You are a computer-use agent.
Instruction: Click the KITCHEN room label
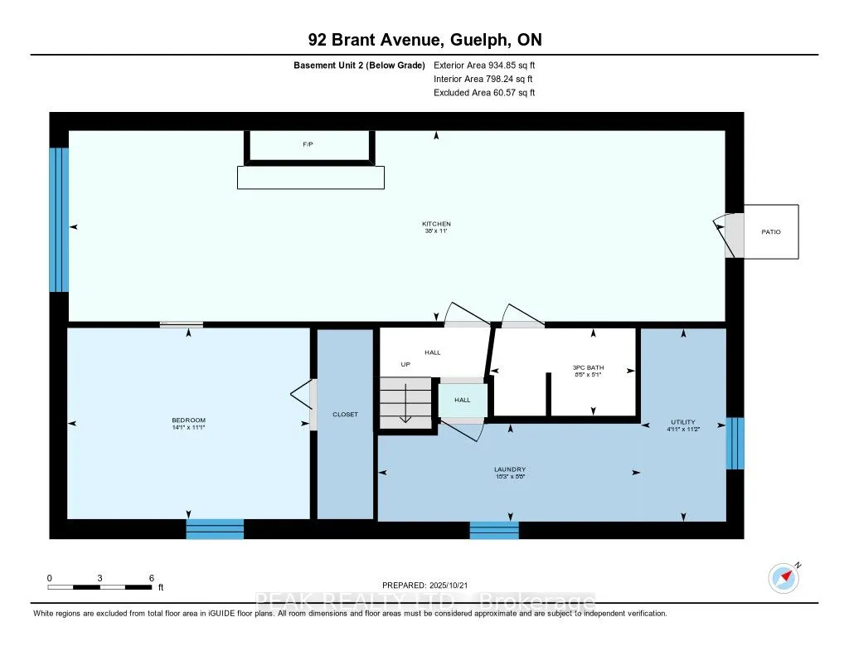click(x=436, y=224)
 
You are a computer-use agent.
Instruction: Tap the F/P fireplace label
click(x=308, y=144)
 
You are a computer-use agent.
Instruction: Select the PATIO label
click(x=772, y=232)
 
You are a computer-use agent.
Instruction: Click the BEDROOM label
click(x=189, y=420)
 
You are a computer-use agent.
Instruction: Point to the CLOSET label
click(x=345, y=414)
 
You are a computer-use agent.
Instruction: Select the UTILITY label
click(x=683, y=421)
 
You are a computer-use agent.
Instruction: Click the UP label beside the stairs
click(x=405, y=364)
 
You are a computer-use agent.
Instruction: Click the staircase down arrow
click(x=405, y=409)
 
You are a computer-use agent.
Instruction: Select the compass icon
click(x=783, y=577)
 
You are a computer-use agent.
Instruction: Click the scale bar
click(x=99, y=587)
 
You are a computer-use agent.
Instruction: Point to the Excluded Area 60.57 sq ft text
click(x=484, y=93)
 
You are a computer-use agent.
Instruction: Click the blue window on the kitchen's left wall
click(x=58, y=220)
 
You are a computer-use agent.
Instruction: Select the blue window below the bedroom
click(x=215, y=529)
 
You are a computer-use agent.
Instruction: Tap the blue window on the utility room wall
click(x=735, y=444)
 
